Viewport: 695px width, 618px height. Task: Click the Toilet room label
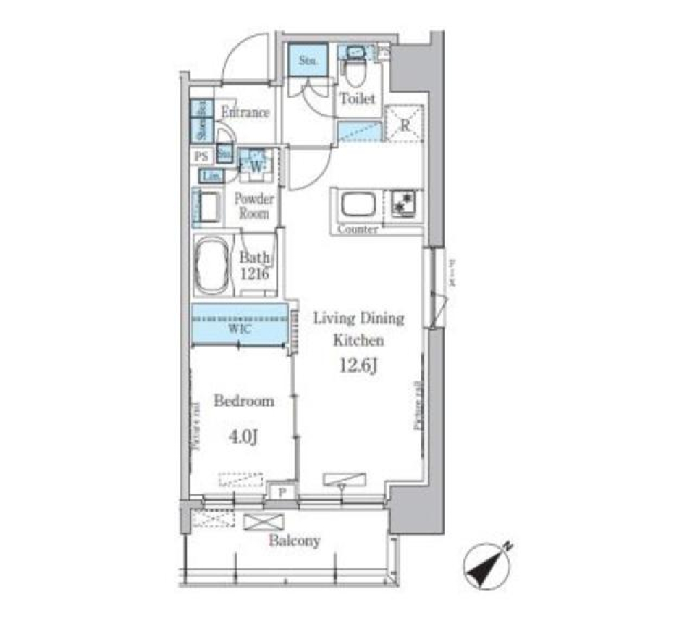(x=358, y=99)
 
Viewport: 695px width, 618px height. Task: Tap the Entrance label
(x=245, y=113)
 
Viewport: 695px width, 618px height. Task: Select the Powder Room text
(x=253, y=206)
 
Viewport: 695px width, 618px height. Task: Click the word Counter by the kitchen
(x=357, y=229)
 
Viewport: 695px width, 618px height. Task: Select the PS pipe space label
(x=201, y=156)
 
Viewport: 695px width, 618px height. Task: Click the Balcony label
(x=295, y=541)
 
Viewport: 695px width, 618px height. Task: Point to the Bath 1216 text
(x=255, y=266)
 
